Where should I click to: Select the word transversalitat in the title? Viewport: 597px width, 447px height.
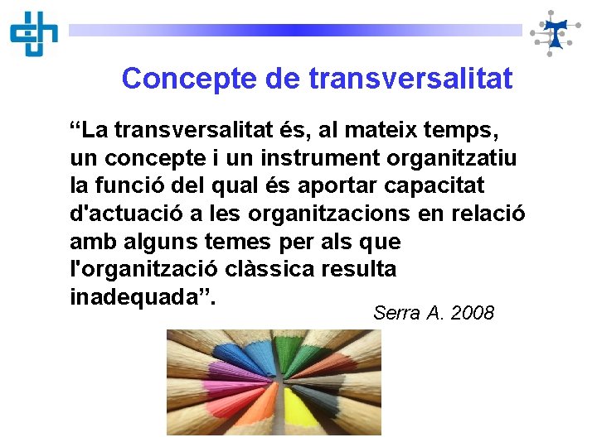click(x=410, y=79)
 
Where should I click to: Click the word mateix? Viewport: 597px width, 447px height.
click(x=380, y=131)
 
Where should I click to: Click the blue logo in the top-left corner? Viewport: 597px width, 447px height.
click(x=34, y=33)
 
